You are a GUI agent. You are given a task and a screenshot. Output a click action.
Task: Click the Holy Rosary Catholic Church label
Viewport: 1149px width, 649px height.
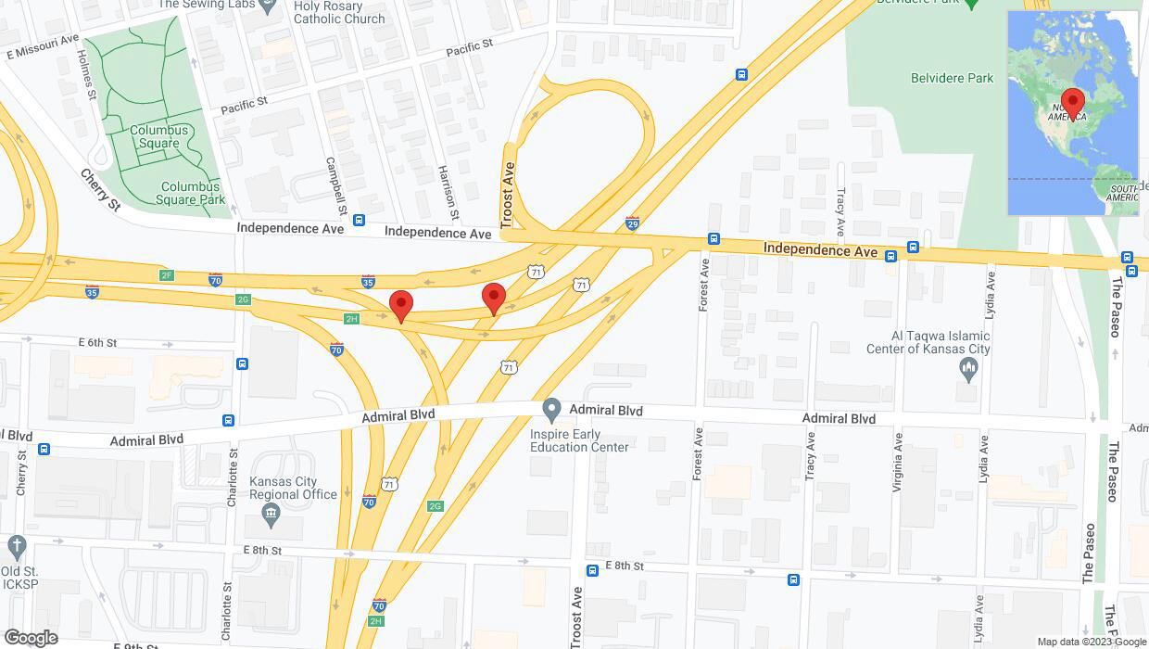[x=339, y=12]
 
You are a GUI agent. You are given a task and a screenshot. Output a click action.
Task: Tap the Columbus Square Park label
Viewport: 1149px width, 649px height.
[x=190, y=193]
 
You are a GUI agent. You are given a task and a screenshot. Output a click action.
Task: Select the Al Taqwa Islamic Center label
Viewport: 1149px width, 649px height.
[x=928, y=342]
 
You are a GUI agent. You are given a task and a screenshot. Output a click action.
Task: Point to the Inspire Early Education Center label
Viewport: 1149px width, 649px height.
[x=579, y=440]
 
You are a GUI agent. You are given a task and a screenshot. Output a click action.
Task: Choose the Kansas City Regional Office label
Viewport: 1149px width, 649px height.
[x=293, y=488]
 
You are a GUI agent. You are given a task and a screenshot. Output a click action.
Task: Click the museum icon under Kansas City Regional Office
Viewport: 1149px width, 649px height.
[x=271, y=513]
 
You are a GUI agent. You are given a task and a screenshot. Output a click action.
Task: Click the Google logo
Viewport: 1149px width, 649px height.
[x=31, y=637]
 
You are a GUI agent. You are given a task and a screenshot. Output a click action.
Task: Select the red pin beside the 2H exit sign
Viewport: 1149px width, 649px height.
[x=400, y=305]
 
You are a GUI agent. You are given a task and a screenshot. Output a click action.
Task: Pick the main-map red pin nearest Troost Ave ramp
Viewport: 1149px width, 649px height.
[x=494, y=298]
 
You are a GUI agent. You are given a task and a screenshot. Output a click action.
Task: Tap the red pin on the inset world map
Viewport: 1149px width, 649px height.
[x=1073, y=103]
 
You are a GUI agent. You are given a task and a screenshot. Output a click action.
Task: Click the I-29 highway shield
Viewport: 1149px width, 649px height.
[x=632, y=223]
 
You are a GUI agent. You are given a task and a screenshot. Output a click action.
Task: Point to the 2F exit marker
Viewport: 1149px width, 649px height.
[x=167, y=275]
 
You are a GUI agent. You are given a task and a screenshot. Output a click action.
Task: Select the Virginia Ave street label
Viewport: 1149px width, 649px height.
[x=897, y=462]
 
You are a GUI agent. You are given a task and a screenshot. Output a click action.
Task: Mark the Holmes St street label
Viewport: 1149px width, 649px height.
[x=87, y=74]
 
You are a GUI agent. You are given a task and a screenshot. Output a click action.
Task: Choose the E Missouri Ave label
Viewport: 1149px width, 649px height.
[x=43, y=47]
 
